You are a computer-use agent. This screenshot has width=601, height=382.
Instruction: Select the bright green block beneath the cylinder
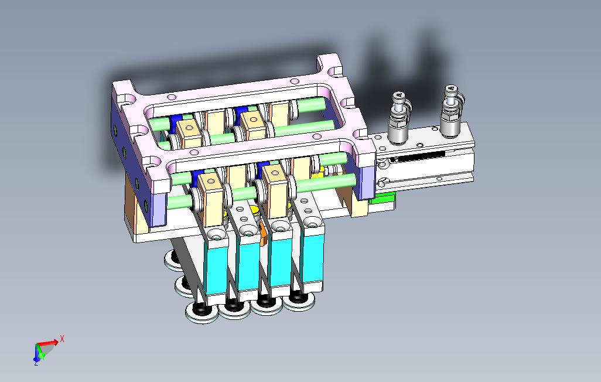[383, 200]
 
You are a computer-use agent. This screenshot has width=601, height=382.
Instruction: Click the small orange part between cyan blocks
[263, 233]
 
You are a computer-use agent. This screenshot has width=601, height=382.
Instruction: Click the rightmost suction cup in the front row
[299, 300]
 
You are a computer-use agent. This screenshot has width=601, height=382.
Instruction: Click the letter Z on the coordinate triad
[36, 363]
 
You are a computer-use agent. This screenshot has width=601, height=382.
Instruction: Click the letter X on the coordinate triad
[62, 338]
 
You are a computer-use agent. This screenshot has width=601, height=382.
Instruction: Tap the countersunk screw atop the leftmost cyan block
[217, 236]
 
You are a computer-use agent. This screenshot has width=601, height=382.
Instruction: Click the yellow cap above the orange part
[255, 210]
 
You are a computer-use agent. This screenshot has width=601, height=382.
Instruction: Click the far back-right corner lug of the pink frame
[330, 64]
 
